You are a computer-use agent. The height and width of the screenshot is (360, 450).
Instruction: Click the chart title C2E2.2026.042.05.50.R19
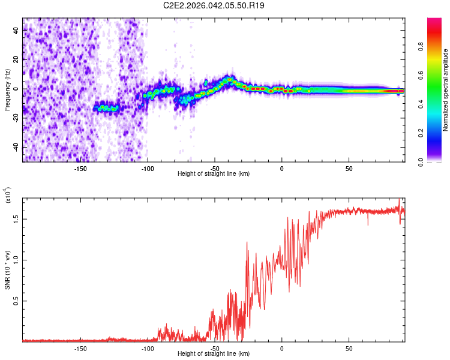pyautogui.click(x=214, y=5)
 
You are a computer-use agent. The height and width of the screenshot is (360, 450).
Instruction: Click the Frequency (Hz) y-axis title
pyautogui.click(x=7, y=90)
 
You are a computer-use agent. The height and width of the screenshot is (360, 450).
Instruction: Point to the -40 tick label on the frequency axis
pyautogui.click(x=16, y=147)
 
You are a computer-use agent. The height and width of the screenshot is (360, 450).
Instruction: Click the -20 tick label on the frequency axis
pyautogui.click(x=16, y=118)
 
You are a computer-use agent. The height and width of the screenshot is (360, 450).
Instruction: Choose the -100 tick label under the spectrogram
pyautogui.click(x=147, y=169)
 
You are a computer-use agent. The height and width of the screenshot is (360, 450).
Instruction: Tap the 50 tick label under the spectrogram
pyautogui.click(x=349, y=169)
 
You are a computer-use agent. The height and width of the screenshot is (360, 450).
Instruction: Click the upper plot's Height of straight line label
pyautogui.click(x=214, y=173)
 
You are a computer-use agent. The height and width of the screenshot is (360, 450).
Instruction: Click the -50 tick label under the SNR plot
pyautogui.click(x=214, y=348)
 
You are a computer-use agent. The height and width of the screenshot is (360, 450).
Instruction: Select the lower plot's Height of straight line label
pyautogui.click(x=214, y=353)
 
